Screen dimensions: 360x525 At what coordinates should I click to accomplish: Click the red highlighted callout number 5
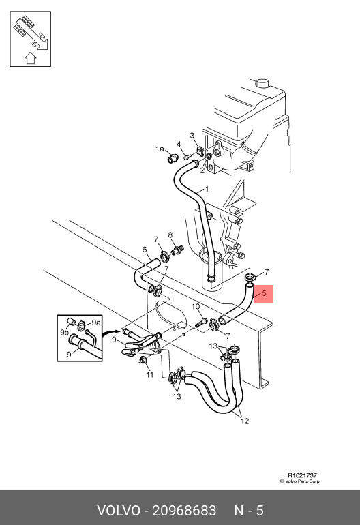[x=264, y=293]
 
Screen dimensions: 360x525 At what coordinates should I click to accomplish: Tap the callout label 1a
[x=160, y=149]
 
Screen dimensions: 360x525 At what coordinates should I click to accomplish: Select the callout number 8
[x=170, y=235]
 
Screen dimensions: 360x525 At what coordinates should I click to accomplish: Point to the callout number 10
[x=196, y=306]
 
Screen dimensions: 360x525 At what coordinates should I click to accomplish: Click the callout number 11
[x=149, y=375]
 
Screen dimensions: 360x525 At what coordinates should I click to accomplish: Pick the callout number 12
[x=245, y=421]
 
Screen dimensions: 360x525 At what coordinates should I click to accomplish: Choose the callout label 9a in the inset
[x=95, y=322]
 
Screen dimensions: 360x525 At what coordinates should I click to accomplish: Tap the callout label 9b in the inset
[x=64, y=332]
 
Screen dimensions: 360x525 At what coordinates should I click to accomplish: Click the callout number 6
[x=145, y=250]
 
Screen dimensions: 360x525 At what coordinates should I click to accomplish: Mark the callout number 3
[x=192, y=135]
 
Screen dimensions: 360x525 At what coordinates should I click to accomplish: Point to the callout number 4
[x=179, y=145]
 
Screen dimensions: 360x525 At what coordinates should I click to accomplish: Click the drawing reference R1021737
[x=302, y=475]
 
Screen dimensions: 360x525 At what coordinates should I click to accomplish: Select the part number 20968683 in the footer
[x=184, y=511]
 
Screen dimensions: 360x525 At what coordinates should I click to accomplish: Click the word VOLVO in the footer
[x=119, y=511]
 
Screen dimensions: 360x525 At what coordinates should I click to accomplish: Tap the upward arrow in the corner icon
[x=31, y=57]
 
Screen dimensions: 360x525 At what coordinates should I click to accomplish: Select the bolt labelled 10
[x=200, y=323]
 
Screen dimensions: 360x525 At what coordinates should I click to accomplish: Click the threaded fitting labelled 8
[x=177, y=250]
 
